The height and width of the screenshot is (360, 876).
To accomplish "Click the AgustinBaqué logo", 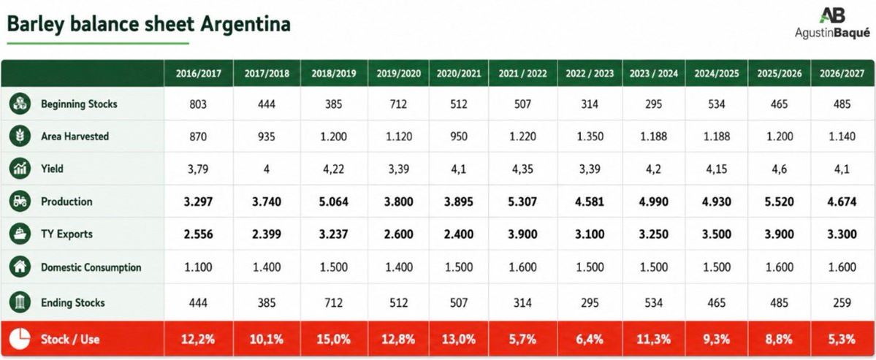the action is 832,23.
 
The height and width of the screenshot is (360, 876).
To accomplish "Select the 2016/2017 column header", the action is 198,74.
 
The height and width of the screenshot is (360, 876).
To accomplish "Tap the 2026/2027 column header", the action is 842,74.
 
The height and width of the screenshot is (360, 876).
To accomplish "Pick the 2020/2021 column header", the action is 459,74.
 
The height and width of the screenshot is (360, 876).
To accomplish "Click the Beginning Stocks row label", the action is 79,104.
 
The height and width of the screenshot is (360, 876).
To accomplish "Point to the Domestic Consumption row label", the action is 91,267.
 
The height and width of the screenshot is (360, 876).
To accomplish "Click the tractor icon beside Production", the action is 20,202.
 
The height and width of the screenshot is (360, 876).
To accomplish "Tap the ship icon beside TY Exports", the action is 20,234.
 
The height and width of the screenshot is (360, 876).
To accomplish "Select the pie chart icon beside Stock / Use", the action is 20,339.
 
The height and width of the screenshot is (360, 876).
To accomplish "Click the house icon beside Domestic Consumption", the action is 20,267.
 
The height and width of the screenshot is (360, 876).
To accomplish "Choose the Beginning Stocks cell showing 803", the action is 198,104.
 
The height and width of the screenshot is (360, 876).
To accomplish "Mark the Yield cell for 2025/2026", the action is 779,169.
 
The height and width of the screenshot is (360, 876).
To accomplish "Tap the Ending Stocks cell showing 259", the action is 842,303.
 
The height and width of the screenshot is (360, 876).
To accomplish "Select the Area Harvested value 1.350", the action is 589,137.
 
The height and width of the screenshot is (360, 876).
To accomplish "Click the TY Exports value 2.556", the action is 198,234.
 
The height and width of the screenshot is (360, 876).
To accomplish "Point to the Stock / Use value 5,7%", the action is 522,340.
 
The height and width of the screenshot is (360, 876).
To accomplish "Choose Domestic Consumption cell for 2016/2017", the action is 198,267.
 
